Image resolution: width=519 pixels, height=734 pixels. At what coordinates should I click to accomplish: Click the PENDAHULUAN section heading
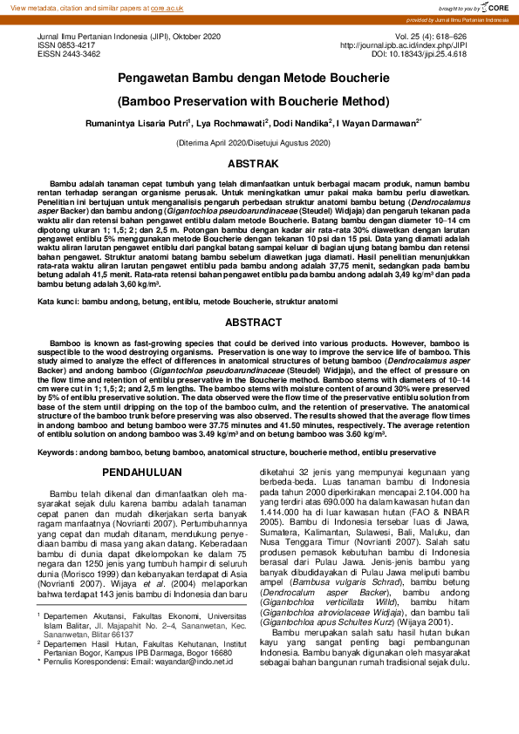143,472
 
